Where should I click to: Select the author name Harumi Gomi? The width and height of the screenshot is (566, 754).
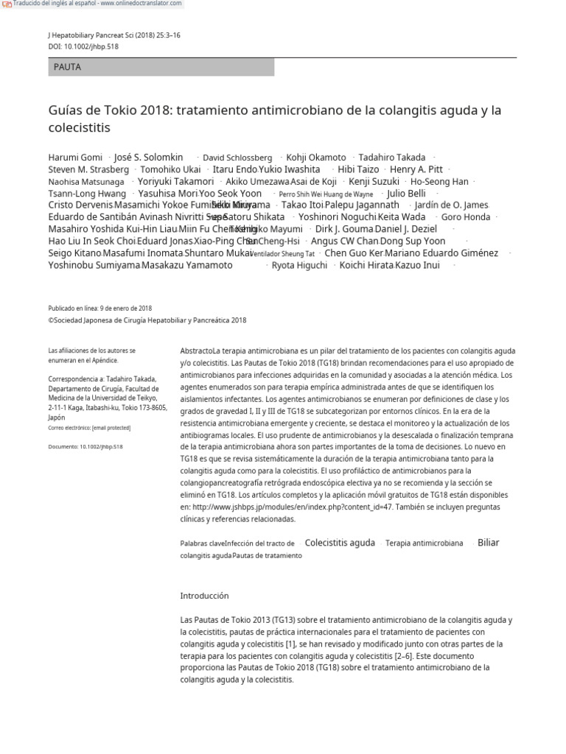[74, 158]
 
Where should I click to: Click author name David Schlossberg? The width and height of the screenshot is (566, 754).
[237, 158]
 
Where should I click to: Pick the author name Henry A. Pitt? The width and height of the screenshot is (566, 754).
[416, 169]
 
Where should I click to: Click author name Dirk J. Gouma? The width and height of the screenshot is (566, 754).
[344, 229]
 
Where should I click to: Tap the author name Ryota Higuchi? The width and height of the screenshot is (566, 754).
[299, 265]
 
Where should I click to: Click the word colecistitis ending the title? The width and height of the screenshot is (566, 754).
[79, 128]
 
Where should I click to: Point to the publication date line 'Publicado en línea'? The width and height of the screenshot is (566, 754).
[100, 309]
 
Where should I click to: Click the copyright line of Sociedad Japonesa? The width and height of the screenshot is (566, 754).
[147, 320]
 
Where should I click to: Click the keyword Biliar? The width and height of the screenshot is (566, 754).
[488, 543]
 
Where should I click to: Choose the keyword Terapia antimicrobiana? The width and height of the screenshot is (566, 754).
[424, 543]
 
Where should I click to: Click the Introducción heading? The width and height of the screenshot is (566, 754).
[204, 596]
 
